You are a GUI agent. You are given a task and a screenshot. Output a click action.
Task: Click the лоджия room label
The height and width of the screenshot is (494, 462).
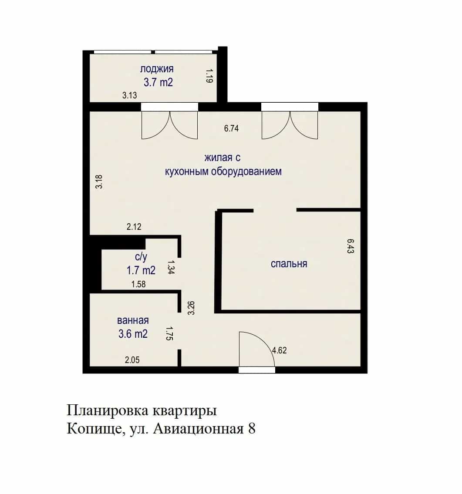coord(157,69)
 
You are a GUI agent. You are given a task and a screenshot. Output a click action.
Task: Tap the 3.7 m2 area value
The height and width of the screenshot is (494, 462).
coord(158,83)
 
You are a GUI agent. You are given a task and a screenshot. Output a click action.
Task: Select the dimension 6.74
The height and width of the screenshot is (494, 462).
coord(231,128)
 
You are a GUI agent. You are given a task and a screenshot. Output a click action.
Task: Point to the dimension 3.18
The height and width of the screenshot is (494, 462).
coord(99,182)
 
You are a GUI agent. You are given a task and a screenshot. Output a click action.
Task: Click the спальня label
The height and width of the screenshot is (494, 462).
coord(289,264)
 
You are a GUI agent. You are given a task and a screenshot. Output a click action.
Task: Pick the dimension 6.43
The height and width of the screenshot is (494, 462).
coord(351,246)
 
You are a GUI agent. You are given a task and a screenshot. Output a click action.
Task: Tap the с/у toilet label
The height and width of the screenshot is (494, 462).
coord(141,257)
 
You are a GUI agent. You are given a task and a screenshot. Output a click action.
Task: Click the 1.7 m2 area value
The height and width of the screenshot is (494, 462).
coord(141,270)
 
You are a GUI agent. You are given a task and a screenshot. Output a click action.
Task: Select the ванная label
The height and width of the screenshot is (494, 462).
coord(133,320)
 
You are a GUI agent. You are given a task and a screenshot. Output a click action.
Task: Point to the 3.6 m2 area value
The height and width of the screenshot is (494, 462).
coord(133,334)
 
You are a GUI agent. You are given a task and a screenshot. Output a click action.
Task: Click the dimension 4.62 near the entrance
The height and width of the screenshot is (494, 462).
coord(279,350)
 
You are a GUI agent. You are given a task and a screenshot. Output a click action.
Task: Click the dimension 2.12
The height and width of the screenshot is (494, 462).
coord(134,226)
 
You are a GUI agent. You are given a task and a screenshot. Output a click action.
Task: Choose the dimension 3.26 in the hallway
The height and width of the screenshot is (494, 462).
coord(191,308)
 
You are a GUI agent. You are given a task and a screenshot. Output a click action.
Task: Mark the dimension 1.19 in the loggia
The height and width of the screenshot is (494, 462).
coord(209,76)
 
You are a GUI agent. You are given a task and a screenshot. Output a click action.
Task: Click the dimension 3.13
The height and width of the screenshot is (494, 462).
coord(129,95)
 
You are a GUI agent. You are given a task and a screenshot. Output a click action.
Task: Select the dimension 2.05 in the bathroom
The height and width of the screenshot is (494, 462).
coord(132,360)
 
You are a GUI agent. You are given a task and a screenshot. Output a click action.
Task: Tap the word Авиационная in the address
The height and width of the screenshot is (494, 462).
coord(199,429)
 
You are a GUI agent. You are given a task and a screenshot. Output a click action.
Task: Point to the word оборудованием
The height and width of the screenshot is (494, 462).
coord(246,171)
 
